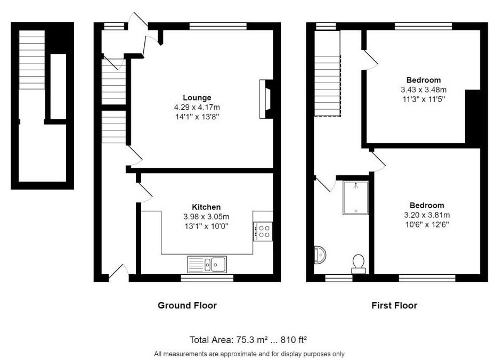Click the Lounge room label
click(x=197, y=97)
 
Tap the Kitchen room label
click(x=206, y=207)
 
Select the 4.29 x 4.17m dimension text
click(x=197, y=108)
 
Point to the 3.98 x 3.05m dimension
click(x=206, y=217)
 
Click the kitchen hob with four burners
click(x=263, y=232)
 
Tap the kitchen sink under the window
click(x=207, y=264)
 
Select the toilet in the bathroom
click(x=359, y=264)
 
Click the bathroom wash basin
click(x=320, y=254)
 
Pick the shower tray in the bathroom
click(x=355, y=198)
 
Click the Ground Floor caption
click(x=188, y=305)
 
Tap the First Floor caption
click(x=394, y=305)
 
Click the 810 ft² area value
click(x=294, y=340)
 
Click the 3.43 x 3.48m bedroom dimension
click(x=424, y=89)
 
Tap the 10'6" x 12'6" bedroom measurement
click(x=427, y=224)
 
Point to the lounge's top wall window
click(x=218, y=26)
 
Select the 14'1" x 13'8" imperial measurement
click(x=197, y=117)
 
